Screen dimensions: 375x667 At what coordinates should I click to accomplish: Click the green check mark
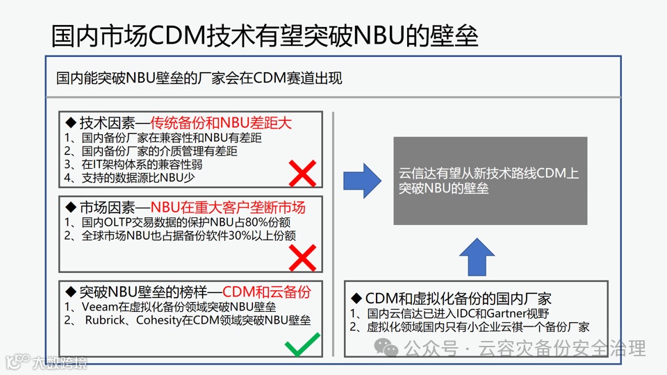[302, 344]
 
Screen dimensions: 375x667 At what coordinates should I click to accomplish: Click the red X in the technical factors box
[302, 173]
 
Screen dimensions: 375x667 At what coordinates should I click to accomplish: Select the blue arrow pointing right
[363, 181]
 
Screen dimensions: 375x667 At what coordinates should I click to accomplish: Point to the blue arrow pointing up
[477, 256]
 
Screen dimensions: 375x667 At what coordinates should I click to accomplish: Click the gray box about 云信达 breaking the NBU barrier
[490, 181]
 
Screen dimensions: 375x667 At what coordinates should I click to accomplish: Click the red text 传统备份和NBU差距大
[221, 123]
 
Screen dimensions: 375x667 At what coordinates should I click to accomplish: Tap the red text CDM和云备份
[277, 291]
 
